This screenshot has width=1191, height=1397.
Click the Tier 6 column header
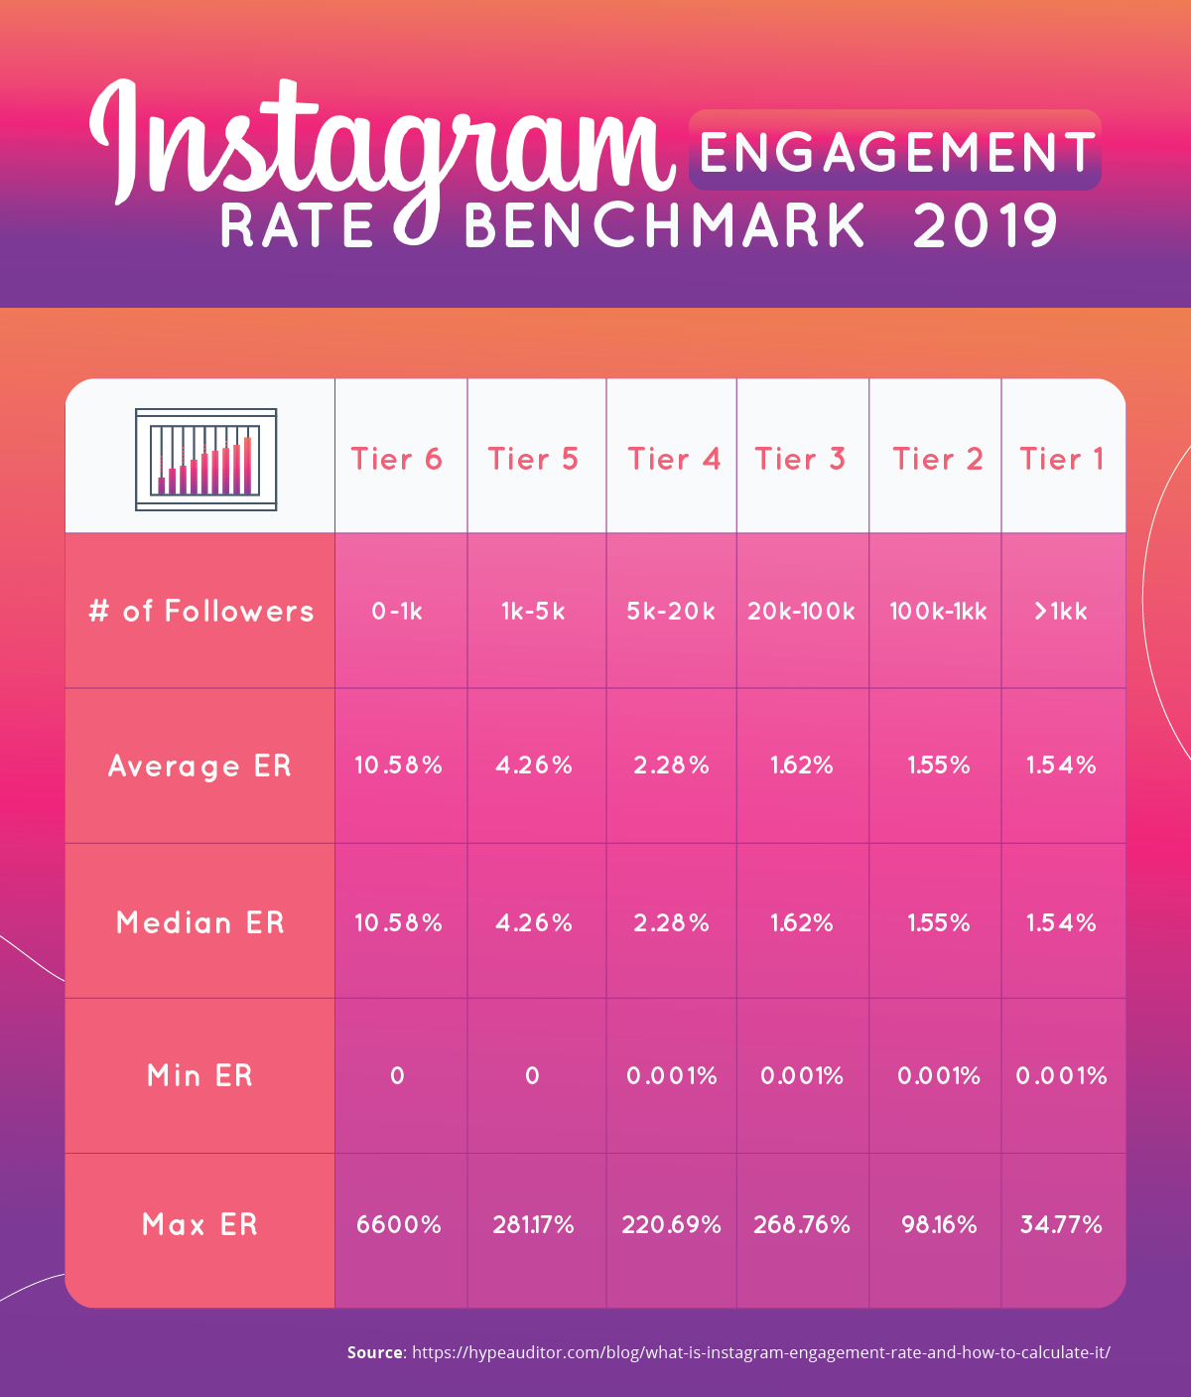click(x=397, y=459)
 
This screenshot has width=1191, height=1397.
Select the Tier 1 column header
click(x=1062, y=459)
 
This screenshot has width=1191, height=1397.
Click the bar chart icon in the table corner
click(x=205, y=460)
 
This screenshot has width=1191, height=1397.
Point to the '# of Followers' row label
click(x=200, y=611)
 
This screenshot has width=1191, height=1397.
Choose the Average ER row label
click(x=200, y=767)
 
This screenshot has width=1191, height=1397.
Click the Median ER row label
click(x=200, y=922)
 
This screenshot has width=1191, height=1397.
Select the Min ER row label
click(x=200, y=1075)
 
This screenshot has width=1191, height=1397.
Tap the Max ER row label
click(x=200, y=1224)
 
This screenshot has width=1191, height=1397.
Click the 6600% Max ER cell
click(x=399, y=1224)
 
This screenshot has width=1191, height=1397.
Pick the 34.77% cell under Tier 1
click(x=1062, y=1224)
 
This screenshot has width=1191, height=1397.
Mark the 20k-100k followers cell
click(x=801, y=611)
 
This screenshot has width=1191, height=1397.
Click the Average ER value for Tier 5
click(x=534, y=766)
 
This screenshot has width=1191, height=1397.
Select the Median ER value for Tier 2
click(x=938, y=922)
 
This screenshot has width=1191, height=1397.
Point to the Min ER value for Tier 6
click(x=397, y=1075)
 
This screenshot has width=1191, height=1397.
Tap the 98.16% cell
click(x=938, y=1224)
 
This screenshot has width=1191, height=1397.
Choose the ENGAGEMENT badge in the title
click(x=895, y=151)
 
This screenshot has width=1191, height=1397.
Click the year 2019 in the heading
click(x=985, y=226)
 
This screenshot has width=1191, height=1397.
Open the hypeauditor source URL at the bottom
click(x=760, y=1352)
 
